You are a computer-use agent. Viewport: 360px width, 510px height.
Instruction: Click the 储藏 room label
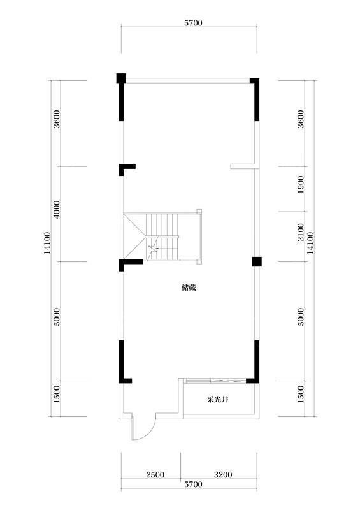tap(189, 288)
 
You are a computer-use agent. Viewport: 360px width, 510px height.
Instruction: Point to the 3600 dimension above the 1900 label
tap(301, 120)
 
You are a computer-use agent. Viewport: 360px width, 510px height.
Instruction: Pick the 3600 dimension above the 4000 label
tap(57, 120)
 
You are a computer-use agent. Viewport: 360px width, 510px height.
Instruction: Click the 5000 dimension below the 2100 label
tap(301, 317)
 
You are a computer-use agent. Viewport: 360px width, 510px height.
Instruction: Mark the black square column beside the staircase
tap(256, 261)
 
